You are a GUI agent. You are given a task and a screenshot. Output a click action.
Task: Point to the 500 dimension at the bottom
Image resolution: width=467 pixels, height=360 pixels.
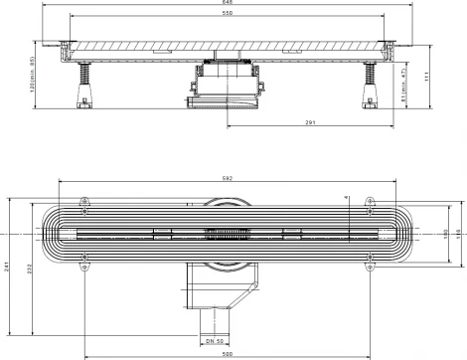pos(227,355)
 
